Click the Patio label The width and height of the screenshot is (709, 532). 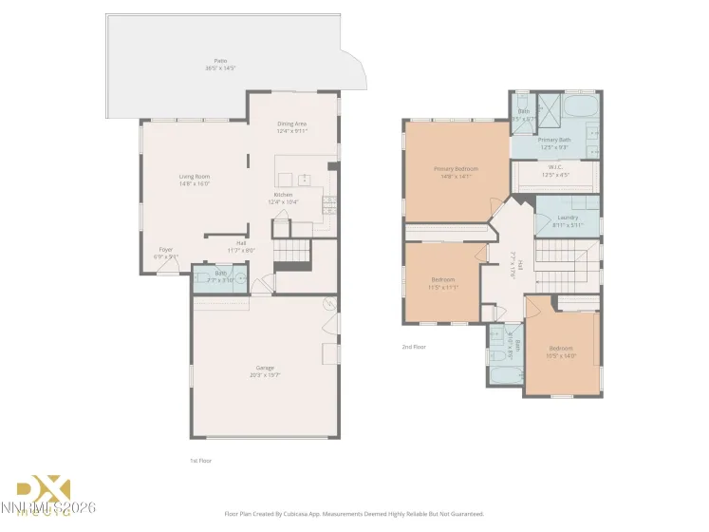click(x=220, y=61)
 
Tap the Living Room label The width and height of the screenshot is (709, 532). click(x=195, y=177)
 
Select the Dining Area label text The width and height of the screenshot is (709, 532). click(x=291, y=123)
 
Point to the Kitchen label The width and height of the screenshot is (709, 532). click(x=282, y=195)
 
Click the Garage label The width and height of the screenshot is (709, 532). click(x=265, y=368)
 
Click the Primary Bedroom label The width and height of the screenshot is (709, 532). click(x=456, y=169)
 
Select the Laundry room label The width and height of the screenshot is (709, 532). click(x=568, y=218)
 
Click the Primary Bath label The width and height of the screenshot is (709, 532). click(x=554, y=140)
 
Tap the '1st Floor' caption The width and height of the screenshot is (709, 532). click(x=199, y=460)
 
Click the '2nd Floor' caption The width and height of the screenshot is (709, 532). click(x=414, y=347)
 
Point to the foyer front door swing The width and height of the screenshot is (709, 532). click(x=166, y=268)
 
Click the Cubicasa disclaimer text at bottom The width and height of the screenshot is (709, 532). click(x=354, y=513)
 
